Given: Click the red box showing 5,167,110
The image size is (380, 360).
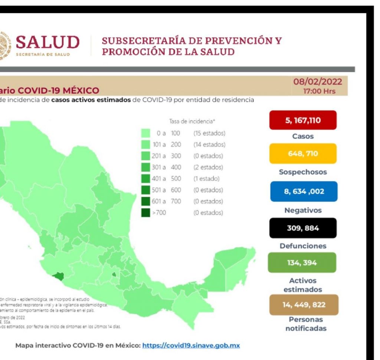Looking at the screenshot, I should (x=303, y=120).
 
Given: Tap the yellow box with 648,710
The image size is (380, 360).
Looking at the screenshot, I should (x=303, y=153).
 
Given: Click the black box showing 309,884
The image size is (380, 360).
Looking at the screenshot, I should (x=303, y=228).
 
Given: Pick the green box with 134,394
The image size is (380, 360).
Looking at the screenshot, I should (x=302, y=263).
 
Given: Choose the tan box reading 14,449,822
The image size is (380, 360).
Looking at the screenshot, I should (x=303, y=305).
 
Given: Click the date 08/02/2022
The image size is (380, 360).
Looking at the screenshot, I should (x=318, y=82).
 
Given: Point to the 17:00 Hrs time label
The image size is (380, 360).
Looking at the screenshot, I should (x=319, y=91).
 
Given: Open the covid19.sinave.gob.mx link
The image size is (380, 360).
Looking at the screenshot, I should (x=191, y=345).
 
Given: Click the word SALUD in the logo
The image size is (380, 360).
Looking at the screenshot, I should (x=47, y=43).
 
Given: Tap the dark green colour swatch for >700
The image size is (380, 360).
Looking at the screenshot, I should (x=145, y=213).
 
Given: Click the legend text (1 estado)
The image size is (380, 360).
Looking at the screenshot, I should (x=206, y=178).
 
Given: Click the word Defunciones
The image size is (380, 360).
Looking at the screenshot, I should (x=303, y=246).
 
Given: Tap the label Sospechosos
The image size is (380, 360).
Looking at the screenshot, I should (x=303, y=172).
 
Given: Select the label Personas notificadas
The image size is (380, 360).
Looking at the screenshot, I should (x=305, y=324).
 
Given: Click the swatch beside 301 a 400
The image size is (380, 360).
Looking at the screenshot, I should (x=145, y=167).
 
